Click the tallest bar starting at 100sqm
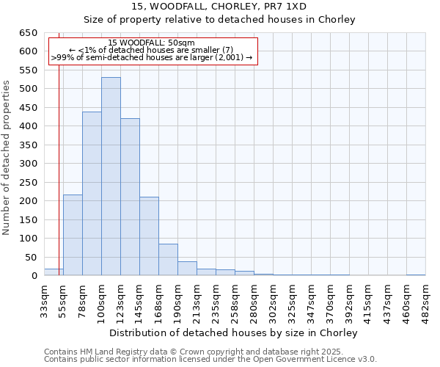[x=111, y=176]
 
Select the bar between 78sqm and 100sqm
[x=92, y=194]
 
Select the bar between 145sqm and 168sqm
[x=149, y=236]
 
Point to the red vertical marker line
[x=59, y=161]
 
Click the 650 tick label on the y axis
[x=28, y=33]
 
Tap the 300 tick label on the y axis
[x=28, y=164]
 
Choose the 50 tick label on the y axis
[x=31, y=257]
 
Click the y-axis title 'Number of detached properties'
[x=7, y=154]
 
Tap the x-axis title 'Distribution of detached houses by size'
[x=220, y=333]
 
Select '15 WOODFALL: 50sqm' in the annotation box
[x=151, y=43]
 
